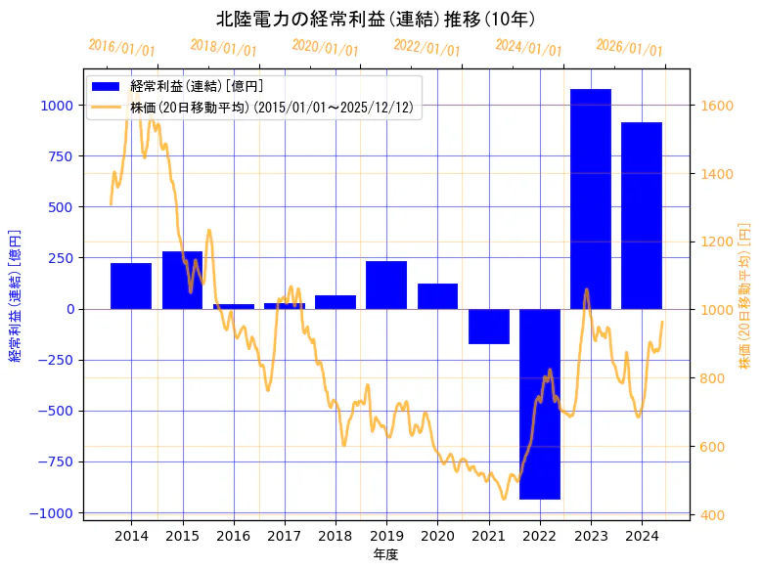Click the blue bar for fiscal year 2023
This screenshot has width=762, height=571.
point(591,198)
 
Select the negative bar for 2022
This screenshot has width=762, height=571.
point(540,404)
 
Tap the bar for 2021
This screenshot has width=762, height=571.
point(488,327)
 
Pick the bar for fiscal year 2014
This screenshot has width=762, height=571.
point(131,285)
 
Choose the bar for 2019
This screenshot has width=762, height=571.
point(386,285)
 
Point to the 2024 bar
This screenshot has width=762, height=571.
point(642,215)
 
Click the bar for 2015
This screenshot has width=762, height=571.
point(182,280)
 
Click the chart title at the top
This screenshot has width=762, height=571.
point(376,20)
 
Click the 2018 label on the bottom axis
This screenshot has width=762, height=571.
point(336,536)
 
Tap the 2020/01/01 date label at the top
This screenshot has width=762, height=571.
point(326,48)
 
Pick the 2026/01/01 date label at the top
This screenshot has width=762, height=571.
point(629,48)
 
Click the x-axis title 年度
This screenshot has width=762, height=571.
point(385,554)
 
